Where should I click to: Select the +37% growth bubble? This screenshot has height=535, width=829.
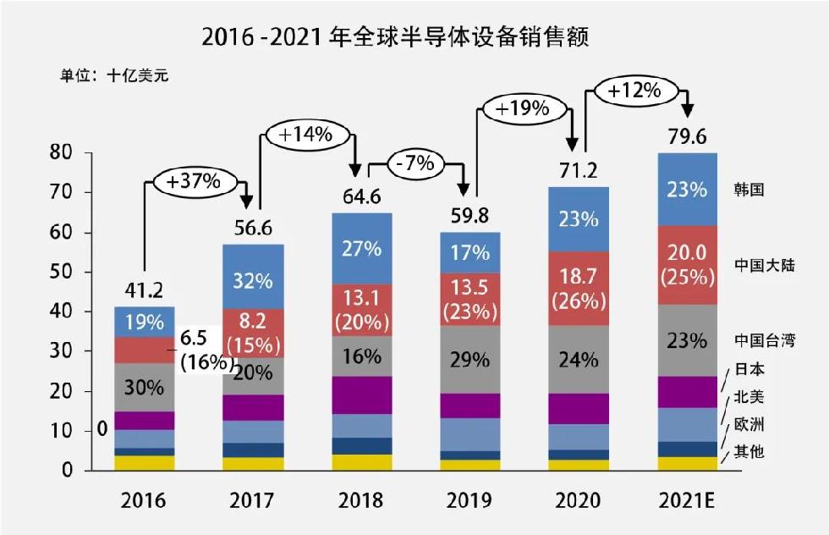coord(194,180)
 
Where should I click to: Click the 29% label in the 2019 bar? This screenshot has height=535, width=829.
coord(470,359)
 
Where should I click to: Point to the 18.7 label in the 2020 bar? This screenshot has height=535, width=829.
coord(579,283)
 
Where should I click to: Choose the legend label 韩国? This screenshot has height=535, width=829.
coord(749,190)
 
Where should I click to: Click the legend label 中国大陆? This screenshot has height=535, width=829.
coord(765,266)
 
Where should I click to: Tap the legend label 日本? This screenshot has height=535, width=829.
coord(749,369)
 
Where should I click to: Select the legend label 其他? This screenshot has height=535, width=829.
coord(749,451)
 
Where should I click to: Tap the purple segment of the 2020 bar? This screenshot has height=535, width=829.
coord(579,408)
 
